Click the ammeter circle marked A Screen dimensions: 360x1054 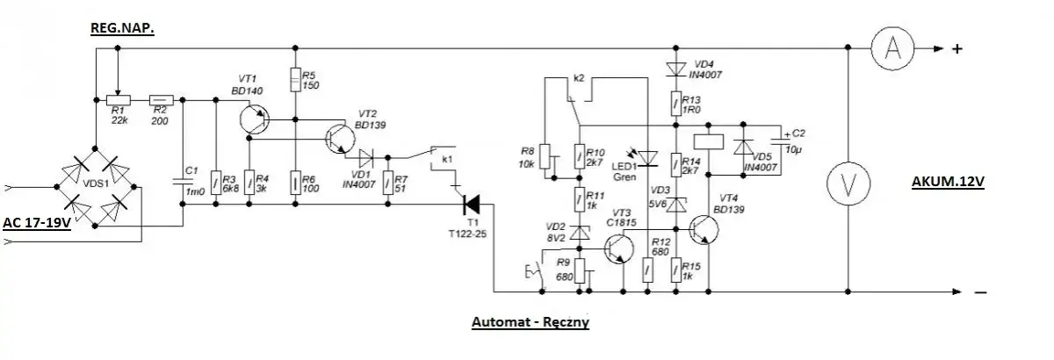pyautogui.click(x=894, y=48)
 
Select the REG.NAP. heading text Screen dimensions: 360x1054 pyautogui.click(x=123, y=29)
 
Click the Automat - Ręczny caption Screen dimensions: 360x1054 pyautogui.click(x=530, y=322)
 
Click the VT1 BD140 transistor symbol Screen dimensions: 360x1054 pyautogui.click(x=256, y=118)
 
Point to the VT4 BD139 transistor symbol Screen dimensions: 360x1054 pyautogui.click(x=704, y=230)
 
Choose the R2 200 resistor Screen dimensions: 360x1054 pyautogui.click(x=162, y=100)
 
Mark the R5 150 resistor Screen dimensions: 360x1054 pyautogui.click(x=297, y=79)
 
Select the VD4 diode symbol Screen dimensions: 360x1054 pyautogui.click(x=675, y=68)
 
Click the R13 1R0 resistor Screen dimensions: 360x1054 pyautogui.click(x=675, y=104)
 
